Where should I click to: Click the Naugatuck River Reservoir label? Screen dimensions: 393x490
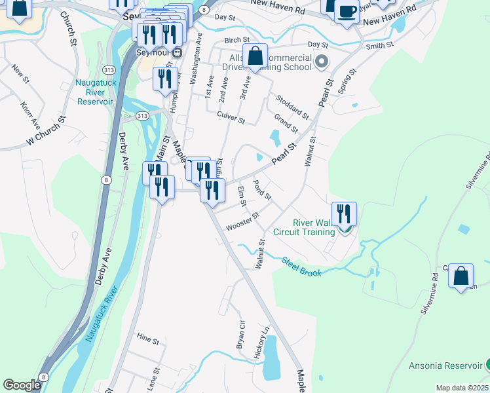coord(95,92)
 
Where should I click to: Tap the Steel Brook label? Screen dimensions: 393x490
coord(301,267)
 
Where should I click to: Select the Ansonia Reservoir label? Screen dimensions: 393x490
coord(445,365)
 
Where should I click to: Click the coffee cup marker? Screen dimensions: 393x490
coord(347,11)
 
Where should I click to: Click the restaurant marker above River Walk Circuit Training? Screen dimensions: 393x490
coord(344,214)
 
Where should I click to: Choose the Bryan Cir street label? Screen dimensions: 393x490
coord(241,334)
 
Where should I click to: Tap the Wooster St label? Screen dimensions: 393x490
coord(242,221)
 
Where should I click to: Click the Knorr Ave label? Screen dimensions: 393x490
coord(30,116)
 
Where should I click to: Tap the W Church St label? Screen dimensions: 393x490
coord(47,131)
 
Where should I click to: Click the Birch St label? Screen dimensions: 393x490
coord(233,40)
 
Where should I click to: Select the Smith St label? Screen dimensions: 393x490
coord(379,46)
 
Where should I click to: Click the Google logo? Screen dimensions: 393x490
coord(22,385)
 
